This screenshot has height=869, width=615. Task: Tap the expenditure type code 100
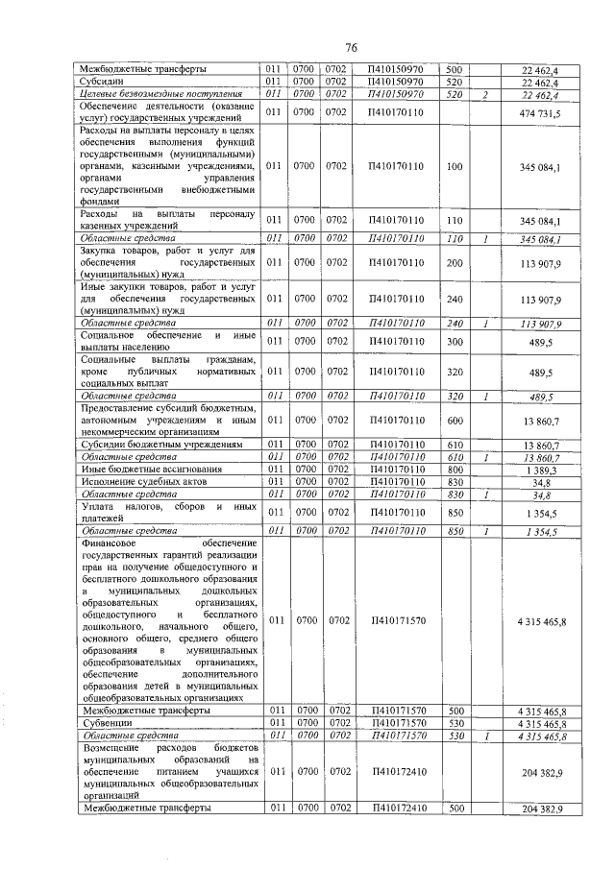click(x=455, y=166)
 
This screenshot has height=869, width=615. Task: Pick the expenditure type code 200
click(x=455, y=262)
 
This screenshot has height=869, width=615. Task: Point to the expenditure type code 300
click(x=455, y=340)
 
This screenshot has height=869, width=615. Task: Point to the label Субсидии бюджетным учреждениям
click(x=154, y=446)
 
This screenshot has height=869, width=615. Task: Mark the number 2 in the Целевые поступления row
click(x=487, y=95)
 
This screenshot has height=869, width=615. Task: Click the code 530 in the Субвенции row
click(x=455, y=723)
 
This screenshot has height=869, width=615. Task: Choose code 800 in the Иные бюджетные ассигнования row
click(x=455, y=469)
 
